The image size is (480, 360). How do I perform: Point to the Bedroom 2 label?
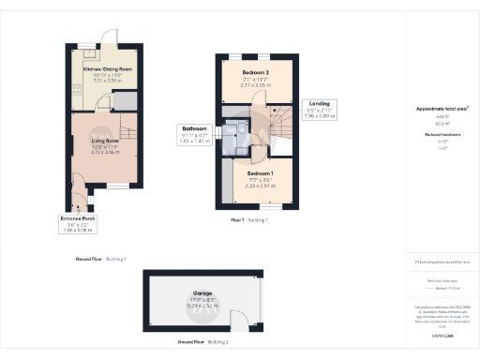click(254, 72)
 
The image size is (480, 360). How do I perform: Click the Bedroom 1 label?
click(260, 174)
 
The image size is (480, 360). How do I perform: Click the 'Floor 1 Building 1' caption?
click(249, 219)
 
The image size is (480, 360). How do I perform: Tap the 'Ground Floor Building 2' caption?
click(202, 340)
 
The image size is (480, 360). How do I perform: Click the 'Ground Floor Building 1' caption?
click(101, 258)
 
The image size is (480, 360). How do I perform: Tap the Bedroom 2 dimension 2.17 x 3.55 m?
click(254, 85)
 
